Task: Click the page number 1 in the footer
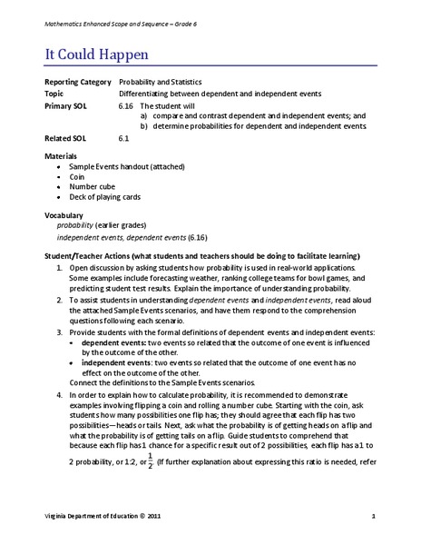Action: point(373,517)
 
